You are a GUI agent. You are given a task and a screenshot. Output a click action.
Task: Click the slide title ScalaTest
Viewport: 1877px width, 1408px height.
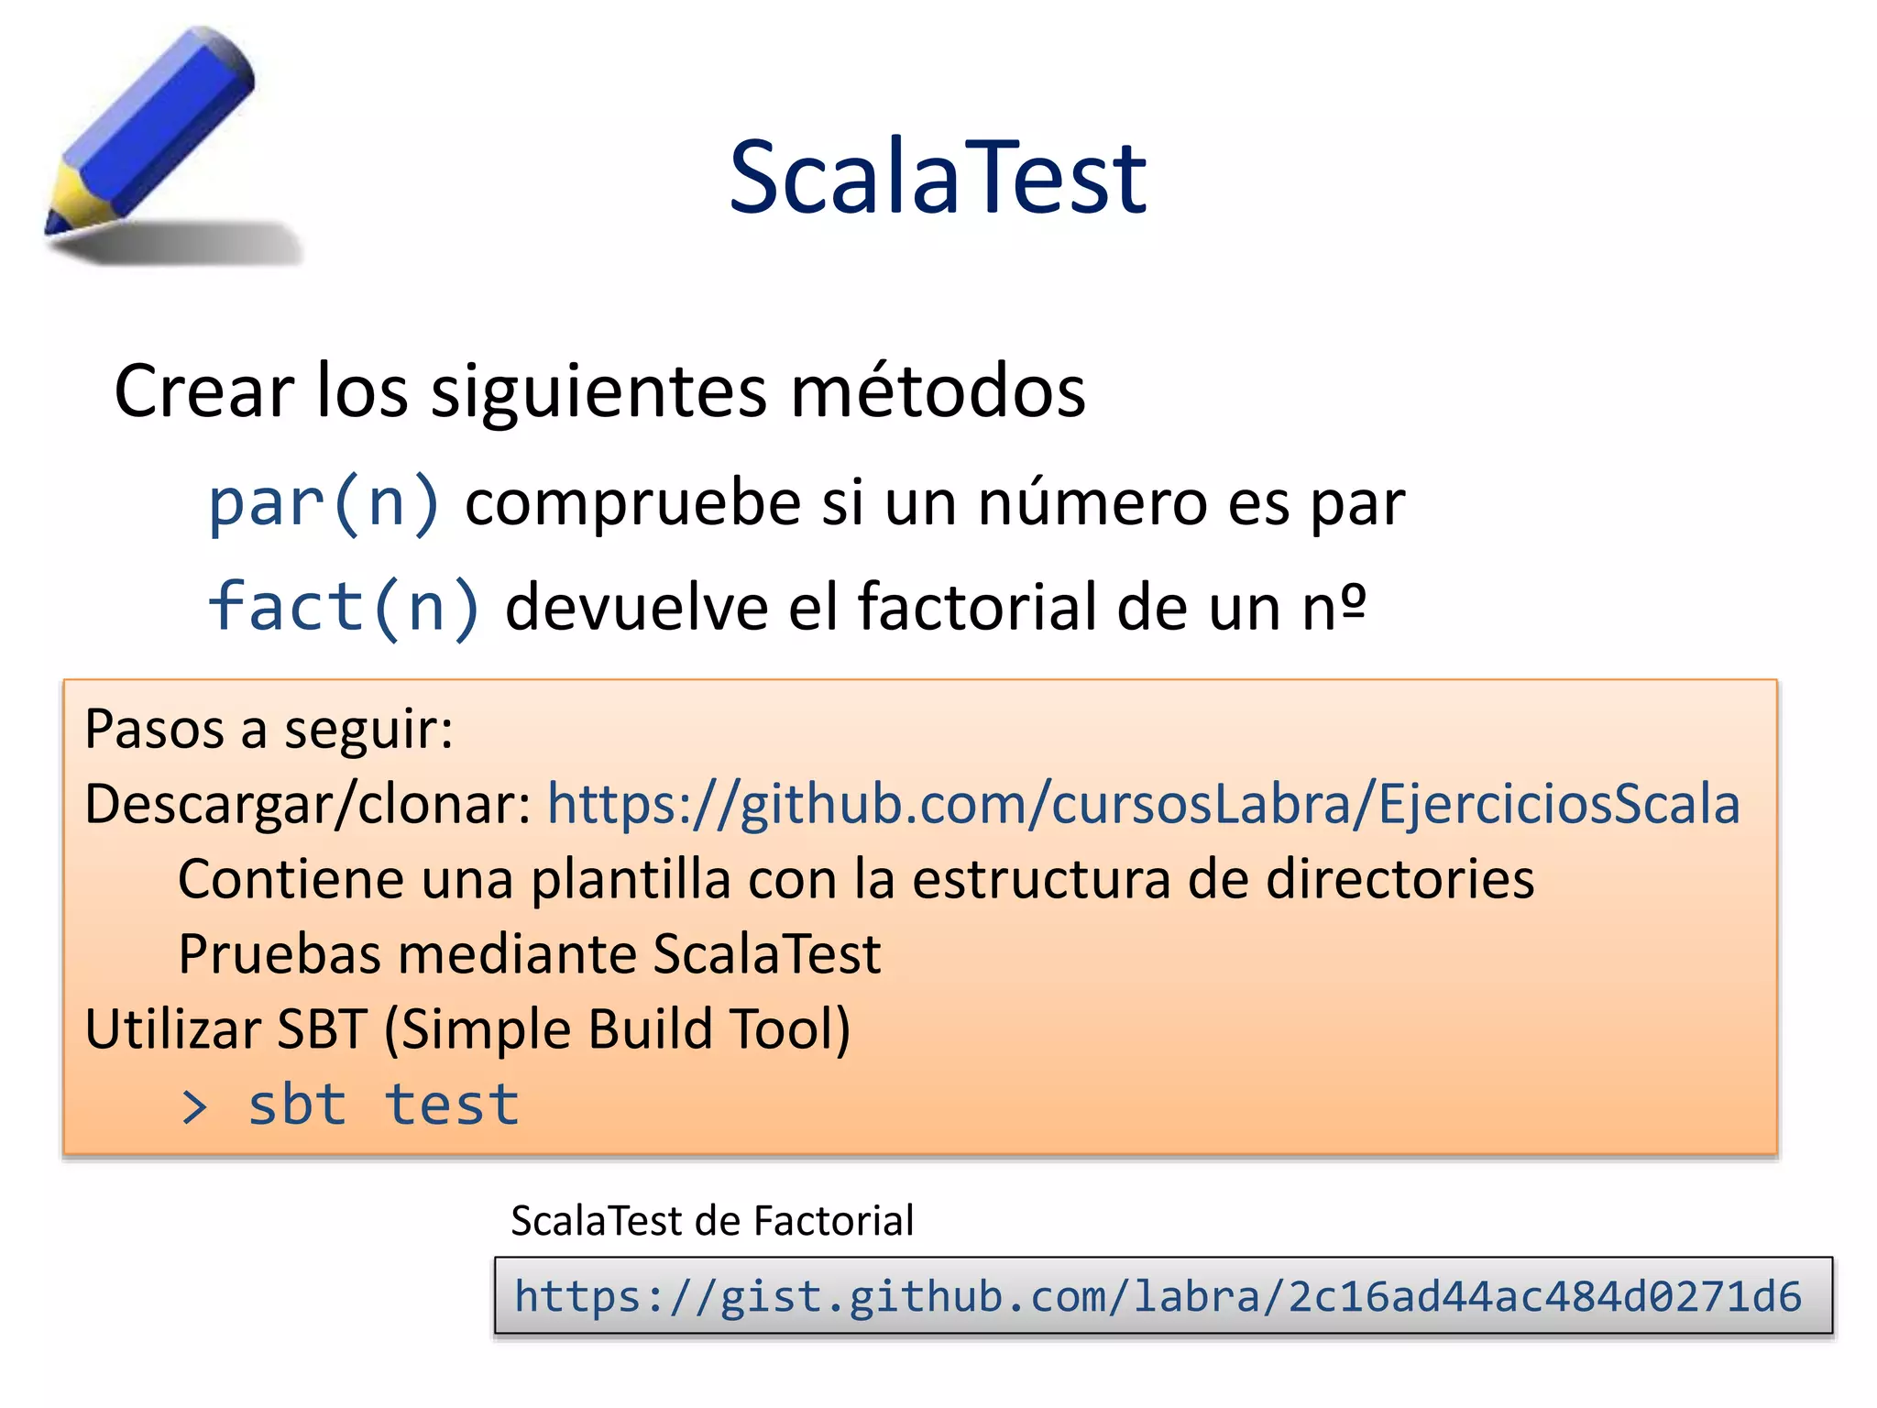coord(937,177)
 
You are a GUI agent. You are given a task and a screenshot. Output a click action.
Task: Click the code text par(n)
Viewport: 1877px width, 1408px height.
coord(324,503)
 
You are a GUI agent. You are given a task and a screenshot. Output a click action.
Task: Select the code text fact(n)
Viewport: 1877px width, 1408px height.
coord(345,607)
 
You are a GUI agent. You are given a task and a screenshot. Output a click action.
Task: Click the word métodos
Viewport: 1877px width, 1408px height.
coord(938,390)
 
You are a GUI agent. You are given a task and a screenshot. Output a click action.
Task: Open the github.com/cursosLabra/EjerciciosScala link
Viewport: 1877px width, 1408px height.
coord(1143,804)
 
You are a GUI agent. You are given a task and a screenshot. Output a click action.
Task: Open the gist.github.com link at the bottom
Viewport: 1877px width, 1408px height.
coord(1158,1296)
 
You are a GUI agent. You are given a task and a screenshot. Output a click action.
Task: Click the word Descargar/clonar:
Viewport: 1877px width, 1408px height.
coord(308,804)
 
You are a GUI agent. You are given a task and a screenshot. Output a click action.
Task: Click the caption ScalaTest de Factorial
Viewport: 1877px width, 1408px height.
coord(712,1221)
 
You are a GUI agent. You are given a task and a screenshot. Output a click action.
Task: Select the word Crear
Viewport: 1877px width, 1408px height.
coord(204,390)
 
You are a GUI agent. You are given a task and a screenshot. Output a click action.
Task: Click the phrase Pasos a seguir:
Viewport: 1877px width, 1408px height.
coord(269,730)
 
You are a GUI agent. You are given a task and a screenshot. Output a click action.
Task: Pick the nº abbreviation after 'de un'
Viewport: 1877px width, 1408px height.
coord(1334,607)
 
